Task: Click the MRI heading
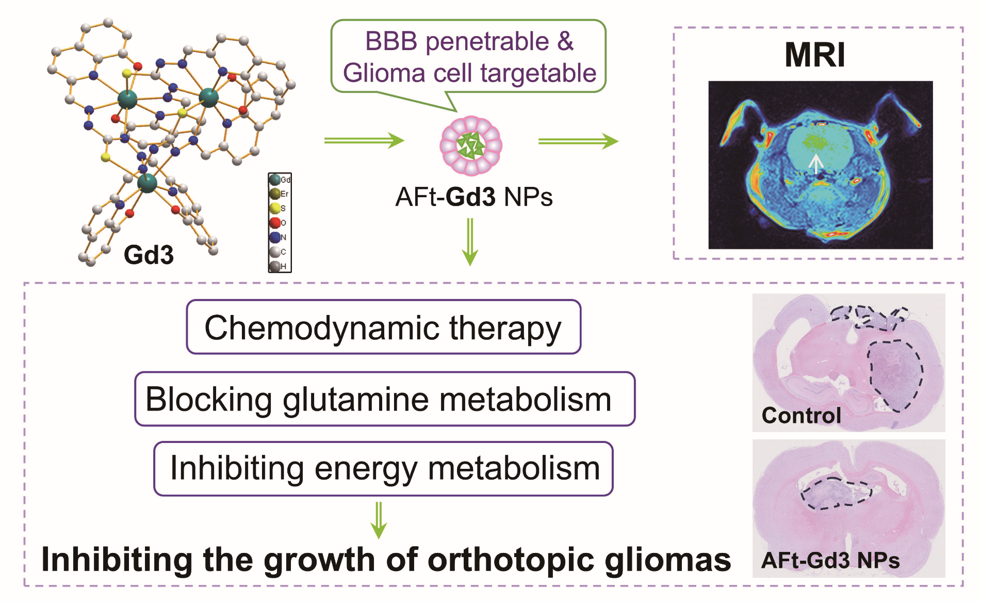point(815,55)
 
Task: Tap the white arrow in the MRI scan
point(815,163)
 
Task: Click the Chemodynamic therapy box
point(383,327)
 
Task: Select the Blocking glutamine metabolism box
point(384,399)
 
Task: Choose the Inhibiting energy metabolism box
point(383,468)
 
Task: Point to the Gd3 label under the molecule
point(149,255)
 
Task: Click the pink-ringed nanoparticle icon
point(470,146)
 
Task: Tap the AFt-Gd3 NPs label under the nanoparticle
point(473,197)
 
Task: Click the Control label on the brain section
point(801,415)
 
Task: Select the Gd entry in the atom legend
point(275,180)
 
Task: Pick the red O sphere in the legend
point(275,223)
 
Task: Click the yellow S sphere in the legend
point(275,208)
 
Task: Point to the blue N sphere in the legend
point(275,237)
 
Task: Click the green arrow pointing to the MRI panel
point(578,141)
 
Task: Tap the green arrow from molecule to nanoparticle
point(364,140)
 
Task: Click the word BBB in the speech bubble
point(391,41)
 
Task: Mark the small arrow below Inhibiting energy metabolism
point(379,520)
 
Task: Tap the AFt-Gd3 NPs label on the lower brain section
point(830,560)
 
